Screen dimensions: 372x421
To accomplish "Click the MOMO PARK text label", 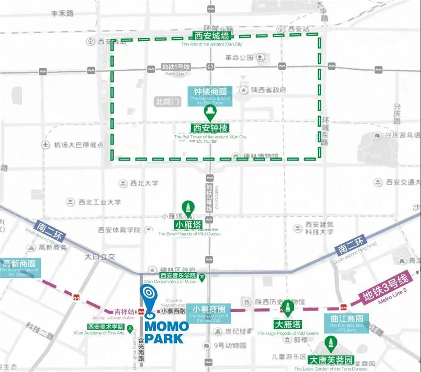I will tap(164, 332).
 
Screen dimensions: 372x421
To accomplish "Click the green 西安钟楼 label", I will tap(210, 128).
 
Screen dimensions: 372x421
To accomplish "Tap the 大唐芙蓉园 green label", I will tap(330, 361).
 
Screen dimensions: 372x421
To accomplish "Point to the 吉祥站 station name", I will tap(124, 312).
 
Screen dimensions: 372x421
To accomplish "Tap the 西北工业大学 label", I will tap(99, 202).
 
